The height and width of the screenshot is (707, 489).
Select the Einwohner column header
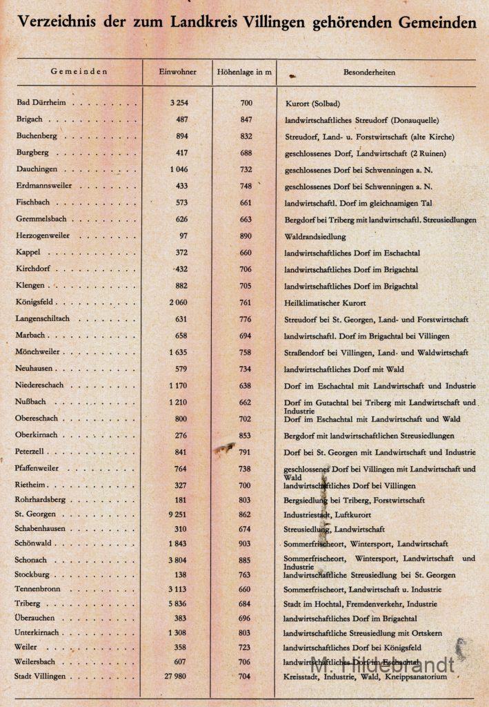click(177, 72)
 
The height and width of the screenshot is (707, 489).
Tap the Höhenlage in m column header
click(244, 72)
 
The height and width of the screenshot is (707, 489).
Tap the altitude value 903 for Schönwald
click(246, 544)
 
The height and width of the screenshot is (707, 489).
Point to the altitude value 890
click(246, 235)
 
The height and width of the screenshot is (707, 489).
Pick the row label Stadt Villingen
click(43, 677)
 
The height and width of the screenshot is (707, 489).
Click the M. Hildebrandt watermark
click(383, 665)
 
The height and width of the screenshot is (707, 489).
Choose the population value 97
click(183, 235)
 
